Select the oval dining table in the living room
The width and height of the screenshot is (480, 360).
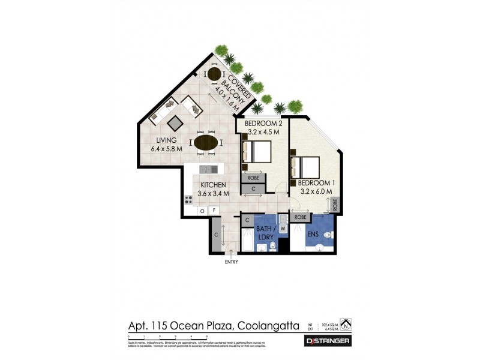click(206, 142)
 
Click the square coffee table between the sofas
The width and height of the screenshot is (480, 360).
click(175, 123)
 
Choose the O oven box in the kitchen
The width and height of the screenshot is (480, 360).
click(202, 211)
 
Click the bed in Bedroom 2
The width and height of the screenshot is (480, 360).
click(258, 151)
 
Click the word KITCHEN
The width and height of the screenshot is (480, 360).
click(213, 185)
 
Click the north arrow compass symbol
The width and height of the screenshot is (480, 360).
click(346, 325)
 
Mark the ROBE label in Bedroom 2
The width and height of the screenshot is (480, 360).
click(253, 178)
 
